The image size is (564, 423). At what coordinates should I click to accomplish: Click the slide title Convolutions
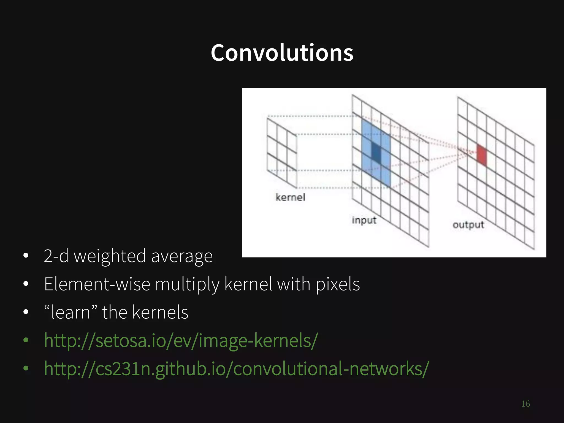point(282,53)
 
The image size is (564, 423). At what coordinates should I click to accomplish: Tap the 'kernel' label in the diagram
point(290,197)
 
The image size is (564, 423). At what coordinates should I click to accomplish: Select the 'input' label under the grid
point(364,220)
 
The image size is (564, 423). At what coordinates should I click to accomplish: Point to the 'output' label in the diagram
point(468,225)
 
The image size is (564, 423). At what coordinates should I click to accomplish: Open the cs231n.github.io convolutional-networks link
point(236,369)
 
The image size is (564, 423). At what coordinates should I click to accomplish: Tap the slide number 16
point(525,404)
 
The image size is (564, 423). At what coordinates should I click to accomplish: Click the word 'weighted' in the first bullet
point(110,256)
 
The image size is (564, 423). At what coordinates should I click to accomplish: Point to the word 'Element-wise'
point(97,284)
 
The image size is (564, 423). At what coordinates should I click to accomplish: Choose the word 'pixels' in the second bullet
point(338,284)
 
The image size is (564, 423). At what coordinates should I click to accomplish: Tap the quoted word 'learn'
point(71,312)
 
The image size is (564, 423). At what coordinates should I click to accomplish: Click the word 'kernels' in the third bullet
point(160,312)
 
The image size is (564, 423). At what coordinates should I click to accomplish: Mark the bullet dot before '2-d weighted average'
point(26,256)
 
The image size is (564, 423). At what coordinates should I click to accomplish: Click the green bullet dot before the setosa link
point(26,340)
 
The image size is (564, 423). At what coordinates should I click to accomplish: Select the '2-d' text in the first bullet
point(56,256)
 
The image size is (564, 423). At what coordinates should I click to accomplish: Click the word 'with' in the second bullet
point(294,284)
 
